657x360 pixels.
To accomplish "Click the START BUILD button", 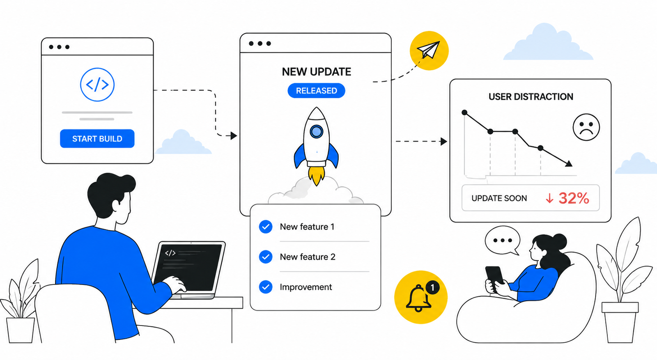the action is click(x=97, y=139).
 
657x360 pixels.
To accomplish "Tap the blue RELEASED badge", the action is click(x=316, y=91).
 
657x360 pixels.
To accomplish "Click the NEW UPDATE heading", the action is click(x=317, y=72).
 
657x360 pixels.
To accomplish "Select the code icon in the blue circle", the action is click(x=97, y=85).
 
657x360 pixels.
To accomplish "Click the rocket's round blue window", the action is click(x=316, y=131).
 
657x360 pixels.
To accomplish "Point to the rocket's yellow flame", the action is click(x=317, y=175).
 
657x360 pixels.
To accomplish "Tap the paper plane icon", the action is click(x=429, y=50).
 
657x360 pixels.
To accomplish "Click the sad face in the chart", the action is click(x=586, y=127).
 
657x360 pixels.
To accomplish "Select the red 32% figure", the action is click(x=574, y=198).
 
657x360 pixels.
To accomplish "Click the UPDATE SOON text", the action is click(x=499, y=198).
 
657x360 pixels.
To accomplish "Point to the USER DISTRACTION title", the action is click(x=531, y=97).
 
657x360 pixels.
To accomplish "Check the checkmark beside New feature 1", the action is click(x=266, y=227).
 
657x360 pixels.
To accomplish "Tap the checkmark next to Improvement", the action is click(x=266, y=287).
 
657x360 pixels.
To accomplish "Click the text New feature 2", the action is click(x=308, y=257).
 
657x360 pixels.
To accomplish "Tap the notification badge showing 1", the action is click(x=432, y=288).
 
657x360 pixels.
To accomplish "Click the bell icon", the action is click(x=418, y=298).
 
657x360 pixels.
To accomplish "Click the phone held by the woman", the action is click(x=494, y=278).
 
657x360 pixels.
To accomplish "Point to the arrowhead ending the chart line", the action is click(x=569, y=164).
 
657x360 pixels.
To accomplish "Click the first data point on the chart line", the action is click(x=464, y=112).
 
